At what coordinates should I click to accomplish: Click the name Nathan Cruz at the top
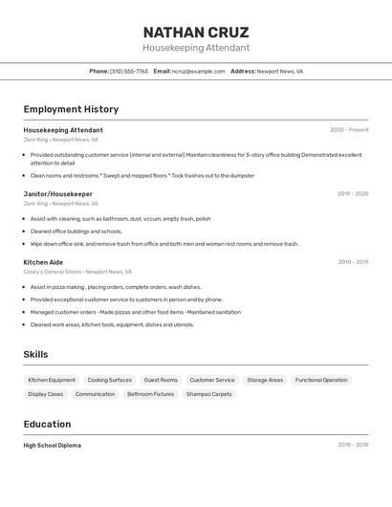point(196,32)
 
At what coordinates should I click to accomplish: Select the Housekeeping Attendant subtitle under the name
point(196,48)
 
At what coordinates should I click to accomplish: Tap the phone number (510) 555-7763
point(128,72)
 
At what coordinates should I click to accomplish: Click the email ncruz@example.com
point(198,72)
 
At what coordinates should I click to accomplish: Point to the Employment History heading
point(71,109)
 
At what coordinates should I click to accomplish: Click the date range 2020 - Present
point(349,130)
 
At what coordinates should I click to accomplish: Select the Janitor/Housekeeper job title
point(58,194)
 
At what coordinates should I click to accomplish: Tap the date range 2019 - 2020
point(353,194)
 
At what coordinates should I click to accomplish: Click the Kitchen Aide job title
point(43,262)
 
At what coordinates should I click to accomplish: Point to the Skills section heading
point(35,355)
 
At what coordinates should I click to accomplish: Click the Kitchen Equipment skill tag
point(52,380)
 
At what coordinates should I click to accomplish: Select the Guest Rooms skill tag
point(161,380)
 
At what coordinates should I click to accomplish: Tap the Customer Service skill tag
point(212,380)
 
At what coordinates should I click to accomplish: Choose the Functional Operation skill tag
point(321,380)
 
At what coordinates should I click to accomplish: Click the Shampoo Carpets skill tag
point(208,394)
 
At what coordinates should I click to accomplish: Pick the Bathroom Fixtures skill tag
point(151,394)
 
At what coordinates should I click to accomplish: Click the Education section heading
point(47,425)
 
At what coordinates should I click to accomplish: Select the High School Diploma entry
point(53,446)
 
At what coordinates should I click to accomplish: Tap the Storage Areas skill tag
point(265,380)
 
